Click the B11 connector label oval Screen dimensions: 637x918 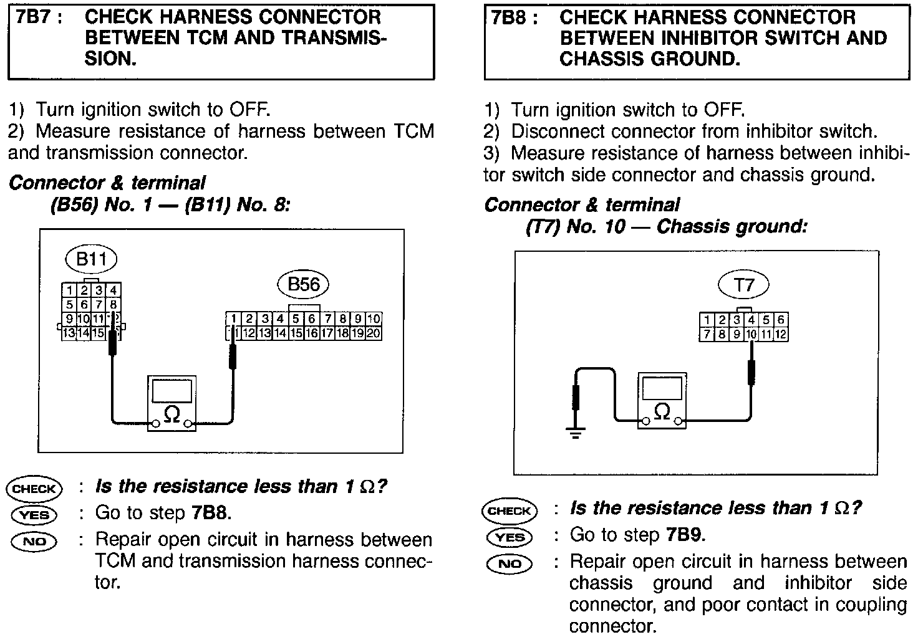[x=91, y=259]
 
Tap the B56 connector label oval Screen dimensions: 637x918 [x=303, y=284]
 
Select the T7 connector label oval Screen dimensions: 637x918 [x=744, y=285]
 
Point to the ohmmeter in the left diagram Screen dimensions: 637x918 [x=172, y=403]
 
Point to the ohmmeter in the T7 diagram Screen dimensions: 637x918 [x=662, y=401]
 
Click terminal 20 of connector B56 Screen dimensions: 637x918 [x=374, y=333]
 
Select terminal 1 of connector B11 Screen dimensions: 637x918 [x=69, y=290]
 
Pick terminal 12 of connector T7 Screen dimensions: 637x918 [x=780, y=335]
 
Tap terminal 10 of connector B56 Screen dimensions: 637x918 [x=374, y=319]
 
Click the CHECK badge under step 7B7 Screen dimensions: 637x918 [x=34, y=489]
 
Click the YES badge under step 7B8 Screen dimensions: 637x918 [x=509, y=537]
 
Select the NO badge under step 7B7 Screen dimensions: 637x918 [x=34, y=541]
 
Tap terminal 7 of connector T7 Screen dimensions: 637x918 [x=707, y=335]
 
